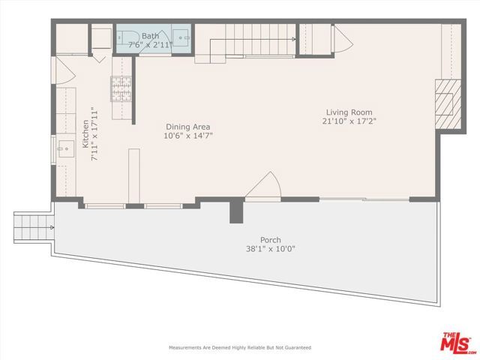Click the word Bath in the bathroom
pyautogui.click(x=150, y=35)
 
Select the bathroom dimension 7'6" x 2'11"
pyautogui.click(x=150, y=44)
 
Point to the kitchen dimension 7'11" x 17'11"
pyautogui.click(x=94, y=134)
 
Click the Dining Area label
pyautogui.click(x=187, y=127)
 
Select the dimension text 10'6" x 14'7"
pyautogui.click(x=187, y=136)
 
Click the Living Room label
pyautogui.click(x=349, y=111)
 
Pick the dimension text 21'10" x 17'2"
pyautogui.click(x=349, y=120)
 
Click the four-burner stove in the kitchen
pyautogui.click(x=120, y=89)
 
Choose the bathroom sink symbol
pyautogui.click(x=182, y=37)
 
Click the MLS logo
pyautogui.click(x=455, y=340)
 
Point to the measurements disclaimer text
pyautogui.click(x=239, y=348)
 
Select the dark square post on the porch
pyautogui.click(x=236, y=211)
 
